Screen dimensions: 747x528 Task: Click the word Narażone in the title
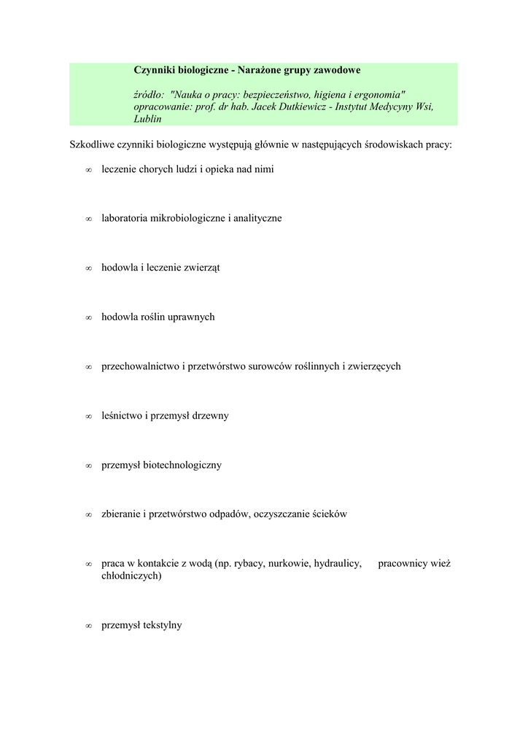[x=260, y=70]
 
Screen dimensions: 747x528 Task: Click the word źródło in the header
[x=149, y=95]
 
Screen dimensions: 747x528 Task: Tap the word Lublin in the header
[x=147, y=119]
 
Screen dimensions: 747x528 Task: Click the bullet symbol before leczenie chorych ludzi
[x=88, y=170]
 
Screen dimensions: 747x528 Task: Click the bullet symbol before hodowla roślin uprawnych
[x=88, y=318]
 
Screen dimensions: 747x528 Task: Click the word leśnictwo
[x=122, y=416]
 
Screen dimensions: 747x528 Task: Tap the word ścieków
[x=329, y=514]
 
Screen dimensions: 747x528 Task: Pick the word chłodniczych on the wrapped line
[x=131, y=576]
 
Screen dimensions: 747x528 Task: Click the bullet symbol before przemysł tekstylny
[x=88, y=626]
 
